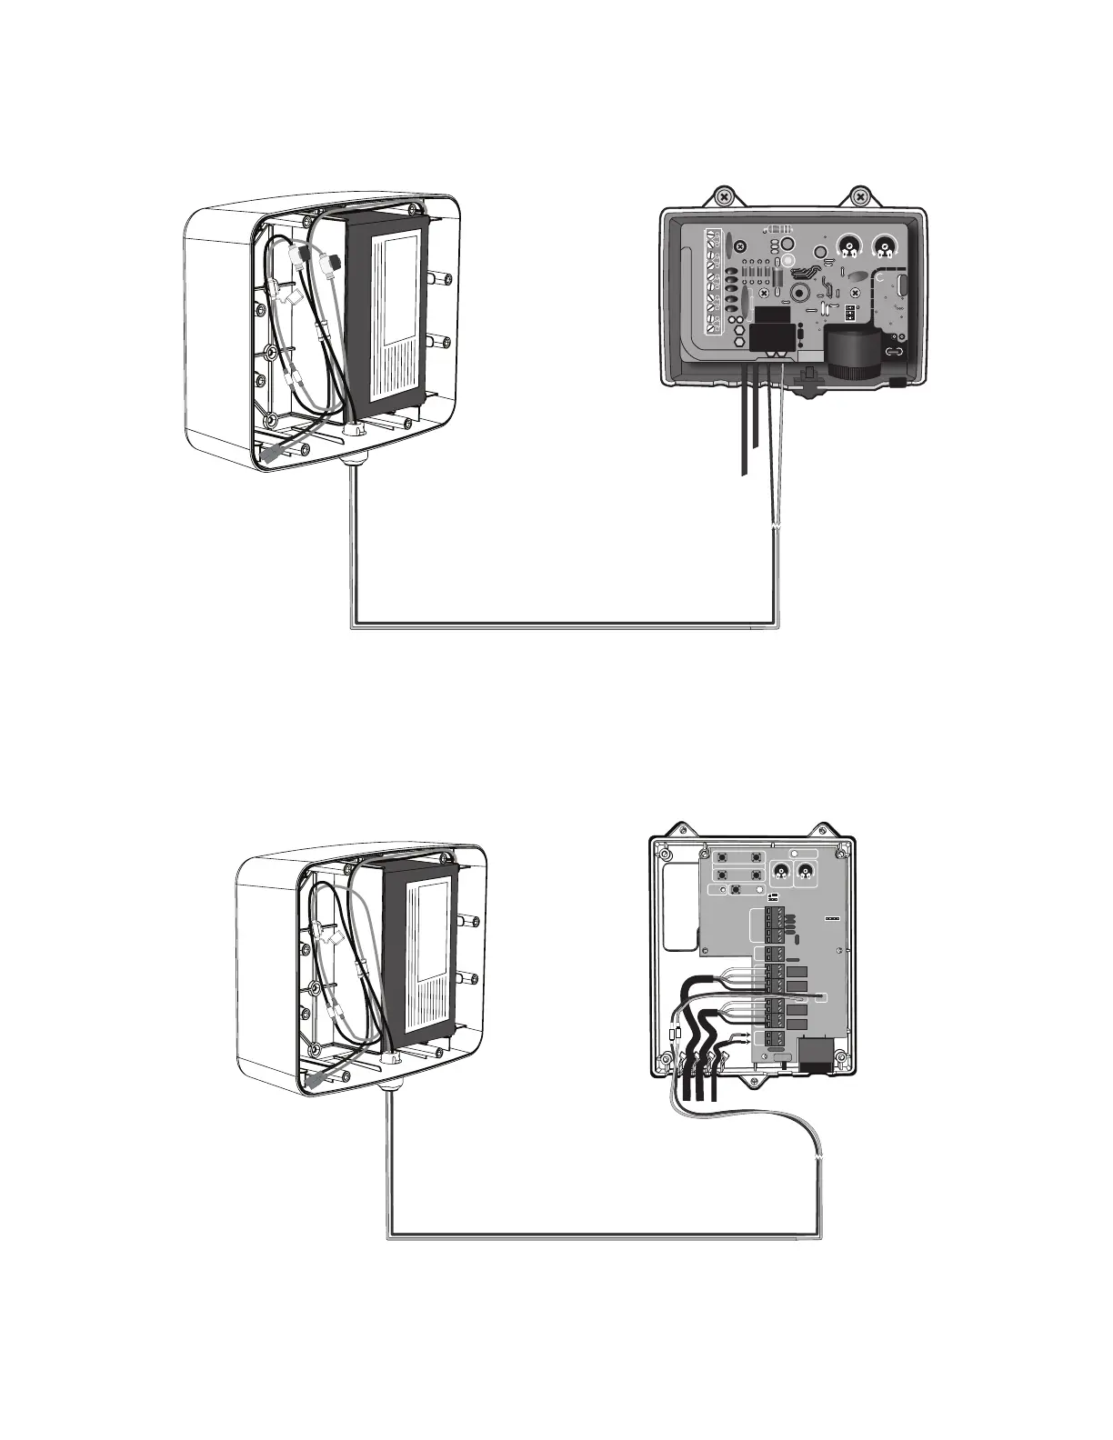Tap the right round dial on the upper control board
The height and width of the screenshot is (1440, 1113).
coord(883,245)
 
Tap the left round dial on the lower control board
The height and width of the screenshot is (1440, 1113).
coord(779,874)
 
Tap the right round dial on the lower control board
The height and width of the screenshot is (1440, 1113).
coord(805,874)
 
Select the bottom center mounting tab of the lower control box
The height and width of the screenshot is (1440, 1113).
coord(754,1083)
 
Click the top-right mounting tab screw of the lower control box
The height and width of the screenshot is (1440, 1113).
coord(825,829)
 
